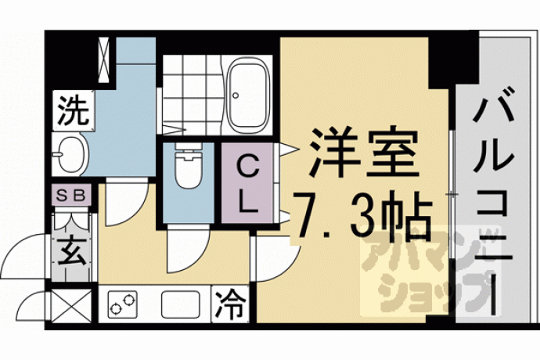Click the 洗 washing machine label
74,110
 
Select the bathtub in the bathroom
249,95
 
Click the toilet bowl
188,166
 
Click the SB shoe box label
71,196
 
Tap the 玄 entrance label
72,250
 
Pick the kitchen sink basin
181,304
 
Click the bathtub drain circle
236,95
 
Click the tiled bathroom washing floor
191,95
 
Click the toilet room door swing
193,255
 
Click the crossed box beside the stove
72,305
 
